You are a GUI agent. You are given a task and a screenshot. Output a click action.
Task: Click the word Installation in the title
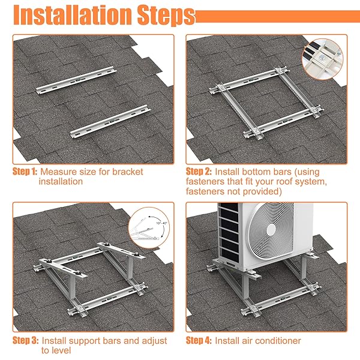pyautogui.click(x=73, y=15)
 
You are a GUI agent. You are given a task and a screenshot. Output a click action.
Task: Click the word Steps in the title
pyautogui.click(x=166, y=16)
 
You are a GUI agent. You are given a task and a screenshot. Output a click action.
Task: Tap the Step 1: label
pyautogui.click(x=25, y=172)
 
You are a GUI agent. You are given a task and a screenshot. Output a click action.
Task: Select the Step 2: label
pyautogui.click(x=199, y=172)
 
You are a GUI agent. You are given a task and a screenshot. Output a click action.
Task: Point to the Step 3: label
pyautogui.click(x=25, y=340)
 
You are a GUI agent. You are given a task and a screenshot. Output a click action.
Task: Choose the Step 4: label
pyautogui.click(x=199, y=340)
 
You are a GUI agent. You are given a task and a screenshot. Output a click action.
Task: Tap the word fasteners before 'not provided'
pyautogui.click(x=205, y=191)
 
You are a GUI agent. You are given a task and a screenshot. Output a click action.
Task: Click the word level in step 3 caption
pyautogui.click(x=62, y=350)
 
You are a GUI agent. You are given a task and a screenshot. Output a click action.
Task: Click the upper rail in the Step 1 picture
pyautogui.click(x=76, y=80)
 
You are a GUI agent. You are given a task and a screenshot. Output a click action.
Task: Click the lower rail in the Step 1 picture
pyautogui.click(x=110, y=121)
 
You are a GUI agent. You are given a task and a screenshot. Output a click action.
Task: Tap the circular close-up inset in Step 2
pyautogui.click(x=322, y=59)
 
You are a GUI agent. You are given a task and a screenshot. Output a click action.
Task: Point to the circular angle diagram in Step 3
pyautogui.click(x=149, y=227)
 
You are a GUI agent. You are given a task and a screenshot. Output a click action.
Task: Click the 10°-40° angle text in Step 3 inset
pyautogui.click(x=162, y=223)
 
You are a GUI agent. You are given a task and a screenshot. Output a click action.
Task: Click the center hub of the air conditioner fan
pyautogui.click(x=271, y=229)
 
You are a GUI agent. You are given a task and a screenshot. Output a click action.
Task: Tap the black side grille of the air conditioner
pyautogui.click(x=229, y=232)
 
